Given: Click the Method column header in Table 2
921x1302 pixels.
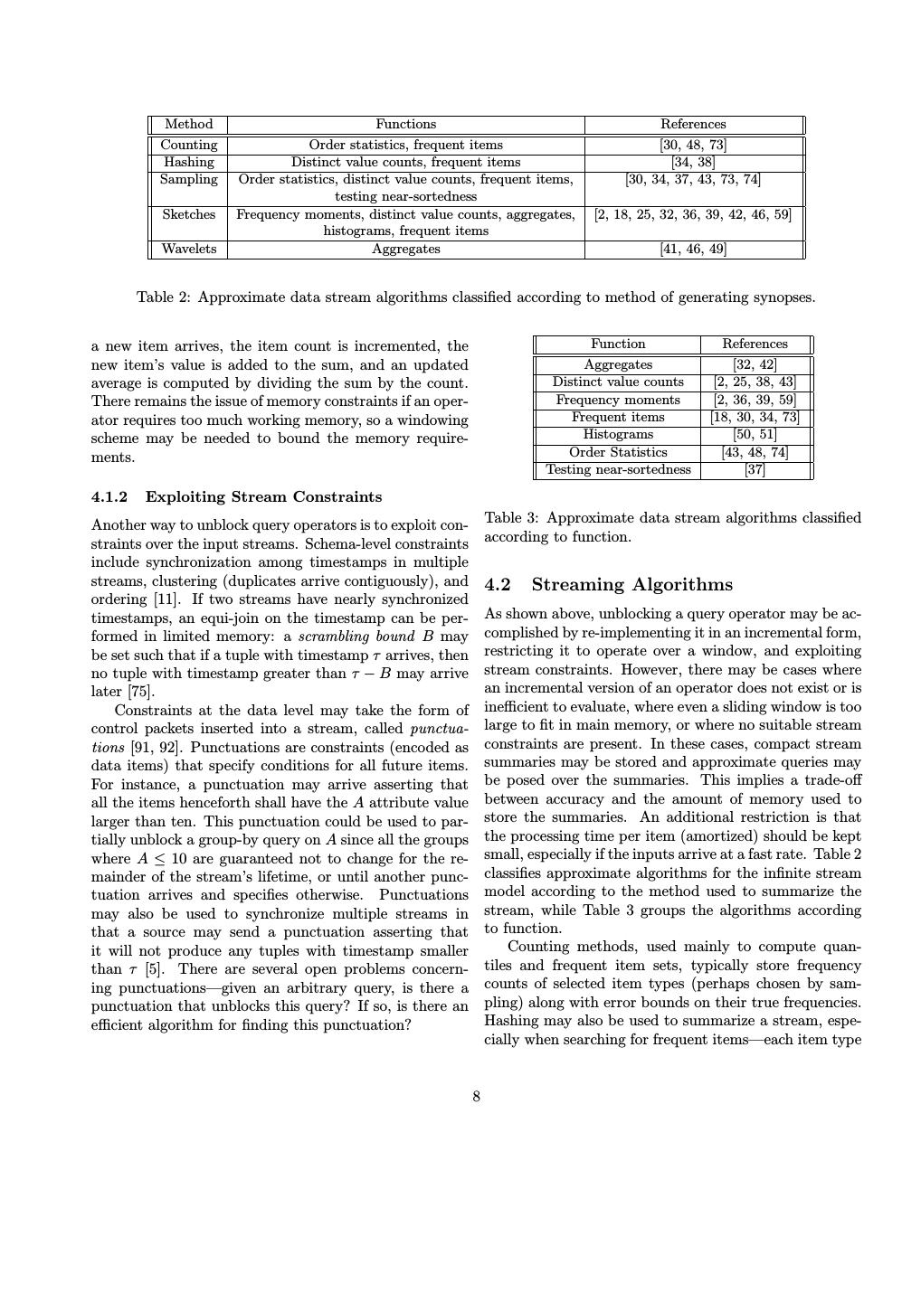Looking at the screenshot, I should click(188, 125).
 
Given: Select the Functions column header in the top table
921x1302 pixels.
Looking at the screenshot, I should click(405, 125).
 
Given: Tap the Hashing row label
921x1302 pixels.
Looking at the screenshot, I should click(188, 163).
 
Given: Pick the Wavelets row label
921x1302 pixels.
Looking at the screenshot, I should click(188, 250).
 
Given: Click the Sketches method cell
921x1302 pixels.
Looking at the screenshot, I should click(188, 215).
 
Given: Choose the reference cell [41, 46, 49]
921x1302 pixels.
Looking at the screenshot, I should click(693, 250).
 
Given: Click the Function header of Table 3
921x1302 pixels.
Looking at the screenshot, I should click(618, 344).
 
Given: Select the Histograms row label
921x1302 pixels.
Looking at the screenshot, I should click(618, 435).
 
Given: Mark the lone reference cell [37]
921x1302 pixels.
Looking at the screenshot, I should click(755, 470).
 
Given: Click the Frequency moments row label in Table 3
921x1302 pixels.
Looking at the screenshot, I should click(618, 400).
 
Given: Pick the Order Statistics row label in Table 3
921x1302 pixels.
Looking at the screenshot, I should click(618, 453).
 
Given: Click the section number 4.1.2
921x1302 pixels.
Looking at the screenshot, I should click(109, 497).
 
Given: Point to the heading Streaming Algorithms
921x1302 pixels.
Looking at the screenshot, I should click(632, 585).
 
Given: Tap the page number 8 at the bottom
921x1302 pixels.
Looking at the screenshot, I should click(476, 1097).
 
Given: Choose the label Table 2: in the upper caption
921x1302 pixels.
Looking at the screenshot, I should click(164, 297).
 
